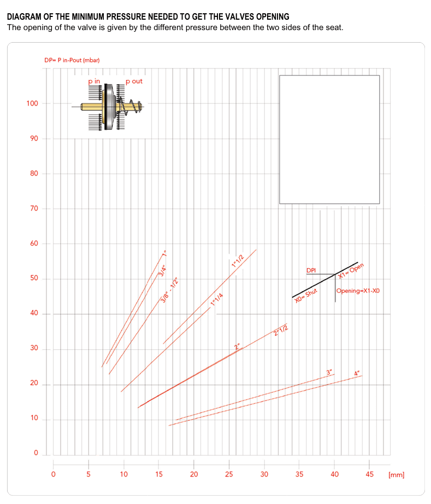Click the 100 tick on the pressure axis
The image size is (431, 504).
(x=32, y=103)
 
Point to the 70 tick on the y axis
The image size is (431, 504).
(x=34, y=208)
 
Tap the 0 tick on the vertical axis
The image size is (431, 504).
(x=36, y=453)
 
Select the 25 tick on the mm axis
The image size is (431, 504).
(x=229, y=474)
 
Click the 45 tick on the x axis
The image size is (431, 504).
(x=369, y=474)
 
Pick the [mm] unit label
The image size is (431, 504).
(x=397, y=475)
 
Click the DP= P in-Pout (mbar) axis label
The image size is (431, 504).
(x=72, y=60)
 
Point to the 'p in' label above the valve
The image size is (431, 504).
(x=94, y=82)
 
